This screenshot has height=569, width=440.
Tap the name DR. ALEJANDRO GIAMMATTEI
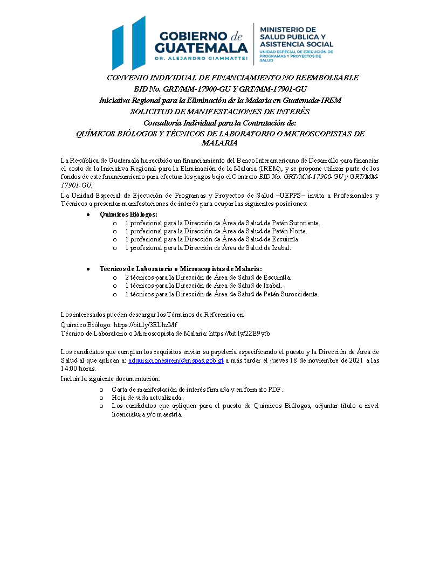201,57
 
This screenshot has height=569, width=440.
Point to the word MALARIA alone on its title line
219,143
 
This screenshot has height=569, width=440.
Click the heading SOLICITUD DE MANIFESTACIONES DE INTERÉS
220,112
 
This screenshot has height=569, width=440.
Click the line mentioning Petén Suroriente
222,223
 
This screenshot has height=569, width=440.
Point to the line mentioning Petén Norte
216,231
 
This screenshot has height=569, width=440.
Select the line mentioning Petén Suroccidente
222,294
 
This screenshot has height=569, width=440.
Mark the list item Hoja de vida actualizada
140,398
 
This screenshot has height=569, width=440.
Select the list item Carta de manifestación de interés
197,389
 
